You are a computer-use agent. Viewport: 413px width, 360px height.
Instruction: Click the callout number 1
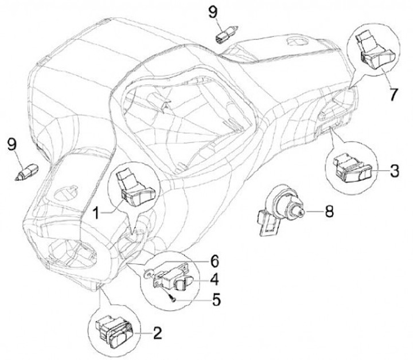[97, 213]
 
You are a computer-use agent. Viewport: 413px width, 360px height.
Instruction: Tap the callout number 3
[395, 171]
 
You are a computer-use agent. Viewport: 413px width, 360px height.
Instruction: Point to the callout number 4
[215, 280]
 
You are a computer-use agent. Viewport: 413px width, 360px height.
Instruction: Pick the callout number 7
[393, 94]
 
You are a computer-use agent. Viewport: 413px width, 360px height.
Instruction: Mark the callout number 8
[329, 211]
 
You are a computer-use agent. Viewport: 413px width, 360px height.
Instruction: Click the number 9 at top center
[213, 13]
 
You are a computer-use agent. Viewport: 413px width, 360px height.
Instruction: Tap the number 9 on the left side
[12, 144]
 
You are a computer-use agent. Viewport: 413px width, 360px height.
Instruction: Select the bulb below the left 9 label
[27, 172]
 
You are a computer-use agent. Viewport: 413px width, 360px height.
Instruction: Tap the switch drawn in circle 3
[352, 169]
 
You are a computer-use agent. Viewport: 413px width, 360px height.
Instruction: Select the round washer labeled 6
[148, 274]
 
